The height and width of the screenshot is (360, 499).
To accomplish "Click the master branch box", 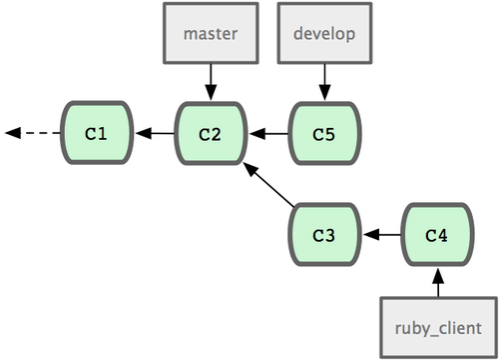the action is pos(211,33).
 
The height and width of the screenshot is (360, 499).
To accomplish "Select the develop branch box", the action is pos(324,33).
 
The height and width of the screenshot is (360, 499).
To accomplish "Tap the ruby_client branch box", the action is pos(438,328).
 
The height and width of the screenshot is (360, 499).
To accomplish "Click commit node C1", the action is pos(97,133).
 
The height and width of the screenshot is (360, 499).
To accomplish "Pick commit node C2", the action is pos(211,133).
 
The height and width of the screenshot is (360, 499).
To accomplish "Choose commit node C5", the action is pos(324,133).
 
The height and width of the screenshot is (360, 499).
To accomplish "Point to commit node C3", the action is pos(324,234).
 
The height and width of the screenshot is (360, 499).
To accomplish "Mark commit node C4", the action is pos(438,234).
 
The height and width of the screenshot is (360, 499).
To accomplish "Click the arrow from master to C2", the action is pos(211,82).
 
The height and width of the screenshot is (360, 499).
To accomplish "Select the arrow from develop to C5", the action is pos(324,82).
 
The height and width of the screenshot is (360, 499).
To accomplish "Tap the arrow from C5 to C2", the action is pos(268,134).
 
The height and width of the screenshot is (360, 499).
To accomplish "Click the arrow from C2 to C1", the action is pos(155,133).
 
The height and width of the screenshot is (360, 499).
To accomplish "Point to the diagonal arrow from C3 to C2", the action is pos(268,184).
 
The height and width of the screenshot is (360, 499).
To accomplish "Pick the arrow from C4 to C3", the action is pos(382,235).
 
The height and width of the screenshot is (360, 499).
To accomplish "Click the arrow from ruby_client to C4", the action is pos(438,282).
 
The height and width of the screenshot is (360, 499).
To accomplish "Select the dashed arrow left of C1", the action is pos(33,133).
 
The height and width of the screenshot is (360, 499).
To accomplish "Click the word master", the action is pos(211,34).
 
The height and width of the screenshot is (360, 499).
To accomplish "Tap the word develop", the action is pos(324,34).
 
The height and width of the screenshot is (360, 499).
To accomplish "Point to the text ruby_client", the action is pos(438,328).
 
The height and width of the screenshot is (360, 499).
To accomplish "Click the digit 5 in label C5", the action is pos(329,135).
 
